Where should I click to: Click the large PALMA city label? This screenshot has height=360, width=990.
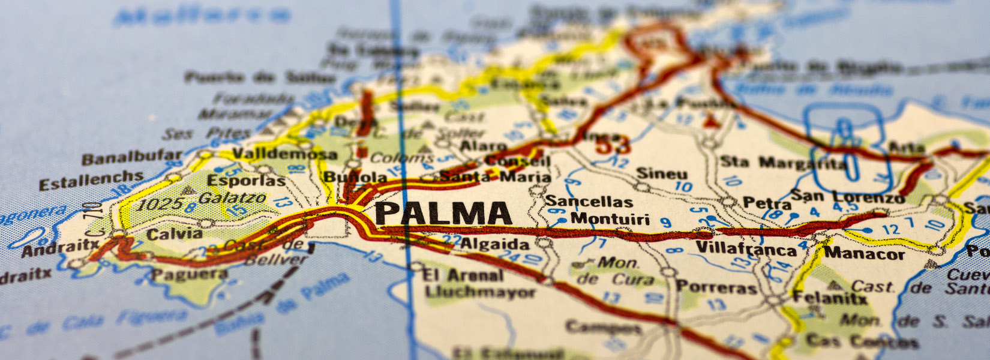pyautogui.click(x=443, y=214)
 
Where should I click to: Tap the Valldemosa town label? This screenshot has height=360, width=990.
pyautogui.click(x=284, y=154)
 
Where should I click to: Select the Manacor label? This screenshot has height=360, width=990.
pyautogui.click(x=864, y=253)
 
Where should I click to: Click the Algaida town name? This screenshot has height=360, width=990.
pyautogui.click(x=495, y=244)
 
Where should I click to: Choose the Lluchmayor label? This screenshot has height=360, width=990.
pyautogui.click(x=480, y=292)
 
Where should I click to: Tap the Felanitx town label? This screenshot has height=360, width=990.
pyautogui.click(x=830, y=297)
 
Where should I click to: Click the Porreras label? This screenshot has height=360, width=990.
pyautogui.click(x=716, y=287)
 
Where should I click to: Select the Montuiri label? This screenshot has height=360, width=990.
pyautogui.click(x=610, y=218)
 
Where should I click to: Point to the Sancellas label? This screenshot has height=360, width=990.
pyautogui.click(x=589, y=202)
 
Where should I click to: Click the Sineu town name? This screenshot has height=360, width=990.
pyautogui.click(x=661, y=174)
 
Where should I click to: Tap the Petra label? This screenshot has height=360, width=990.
pyautogui.click(x=766, y=203)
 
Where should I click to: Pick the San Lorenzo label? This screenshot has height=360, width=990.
pyautogui.click(x=847, y=196)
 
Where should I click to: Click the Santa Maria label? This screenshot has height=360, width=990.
pyautogui.click(x=495, y=176)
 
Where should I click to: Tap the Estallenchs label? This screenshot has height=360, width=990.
pyautogui.click(x=91, y=179)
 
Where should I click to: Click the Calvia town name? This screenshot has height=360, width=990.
pyautogui.click(x=174, y=233)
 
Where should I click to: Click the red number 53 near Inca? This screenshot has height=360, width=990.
pyautogui.click(x=613, y=145)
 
